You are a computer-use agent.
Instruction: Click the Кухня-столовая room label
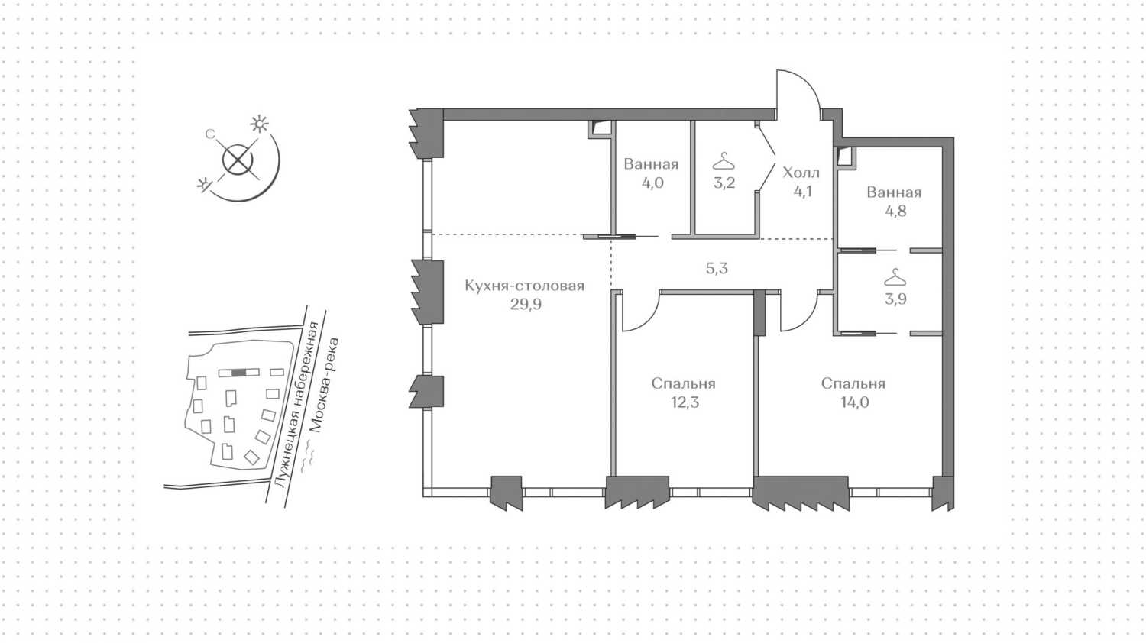point(524,286)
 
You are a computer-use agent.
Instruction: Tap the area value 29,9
point(526,305)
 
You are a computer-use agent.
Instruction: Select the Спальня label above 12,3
point(684,383)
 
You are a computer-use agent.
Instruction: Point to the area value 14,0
point(854,402)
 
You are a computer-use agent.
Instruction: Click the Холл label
point(801,173)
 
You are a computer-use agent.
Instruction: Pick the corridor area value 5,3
point(717,269)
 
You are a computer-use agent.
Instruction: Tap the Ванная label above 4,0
point(651,164)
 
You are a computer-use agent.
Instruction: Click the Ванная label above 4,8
point(895,192)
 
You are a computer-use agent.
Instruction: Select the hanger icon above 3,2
point(724,161)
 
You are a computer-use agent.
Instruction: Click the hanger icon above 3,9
point(895,277)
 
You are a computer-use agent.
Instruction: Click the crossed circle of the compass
point(238,160)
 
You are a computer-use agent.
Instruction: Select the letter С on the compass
point(209,134)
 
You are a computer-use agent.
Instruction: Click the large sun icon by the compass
point(260,124)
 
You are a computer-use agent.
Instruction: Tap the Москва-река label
point(324,385)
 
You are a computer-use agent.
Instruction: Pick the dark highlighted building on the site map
point(238,373)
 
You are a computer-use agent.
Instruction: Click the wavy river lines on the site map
point(307,457)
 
